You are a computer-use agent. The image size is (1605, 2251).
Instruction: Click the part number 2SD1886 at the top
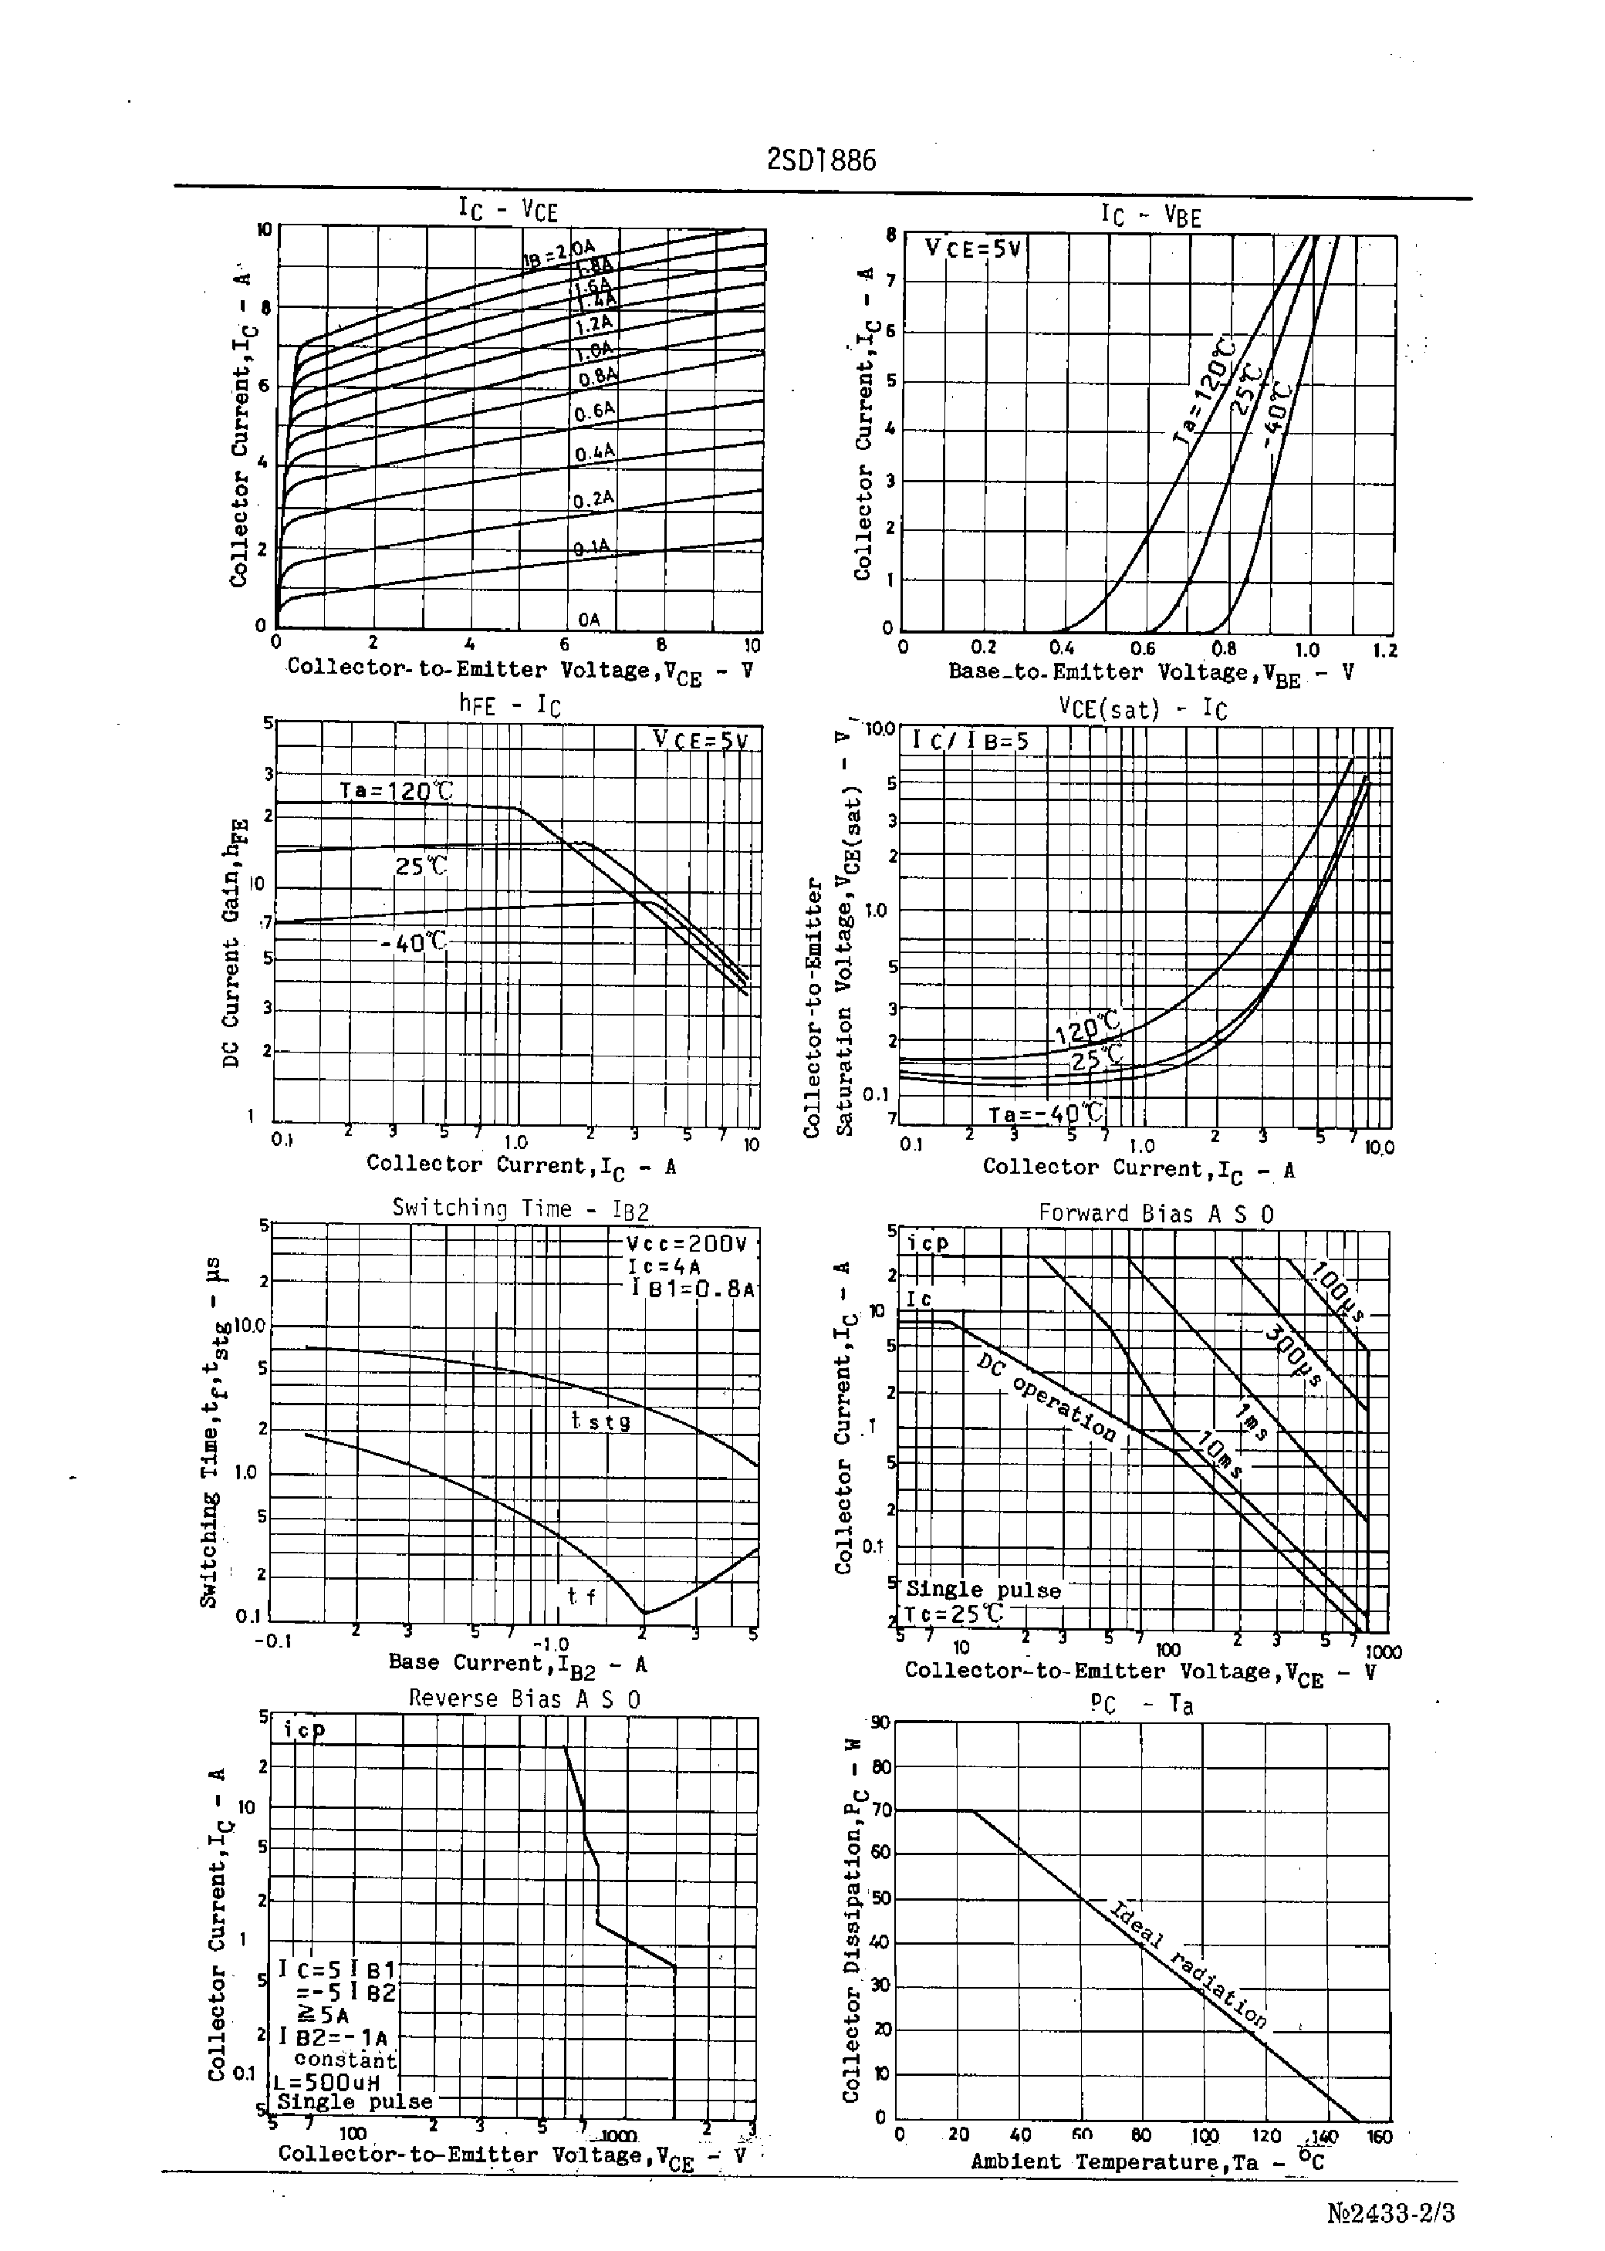tap(821, 160)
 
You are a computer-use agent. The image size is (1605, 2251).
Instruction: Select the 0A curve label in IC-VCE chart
tap(589, 620)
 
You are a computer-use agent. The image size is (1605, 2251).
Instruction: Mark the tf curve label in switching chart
tap(581, 1596)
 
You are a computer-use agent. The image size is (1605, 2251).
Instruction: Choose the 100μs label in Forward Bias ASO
tap(1337, 1290)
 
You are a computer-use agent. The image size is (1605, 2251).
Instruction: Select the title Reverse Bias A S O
tap(524, 1698)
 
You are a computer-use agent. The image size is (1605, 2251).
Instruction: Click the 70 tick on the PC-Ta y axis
tap(880, 1810)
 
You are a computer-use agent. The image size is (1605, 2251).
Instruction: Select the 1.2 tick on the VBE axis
tap(1384, 649)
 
